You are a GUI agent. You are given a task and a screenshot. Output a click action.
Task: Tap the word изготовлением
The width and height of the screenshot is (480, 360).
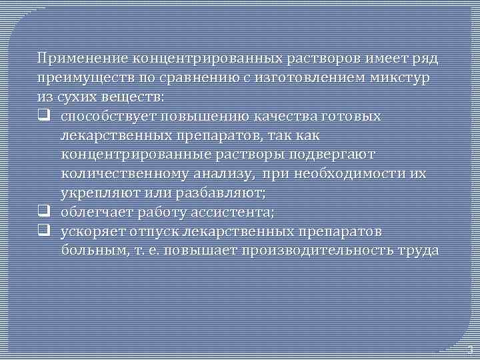click(321, 78)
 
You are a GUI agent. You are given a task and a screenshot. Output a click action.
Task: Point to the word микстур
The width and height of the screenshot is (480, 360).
click(405, 78)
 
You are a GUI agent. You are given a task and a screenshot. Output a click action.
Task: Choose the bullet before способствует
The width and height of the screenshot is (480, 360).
click(44, 117)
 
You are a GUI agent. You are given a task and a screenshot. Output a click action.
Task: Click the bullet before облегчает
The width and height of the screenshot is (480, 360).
click(44, 213)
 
